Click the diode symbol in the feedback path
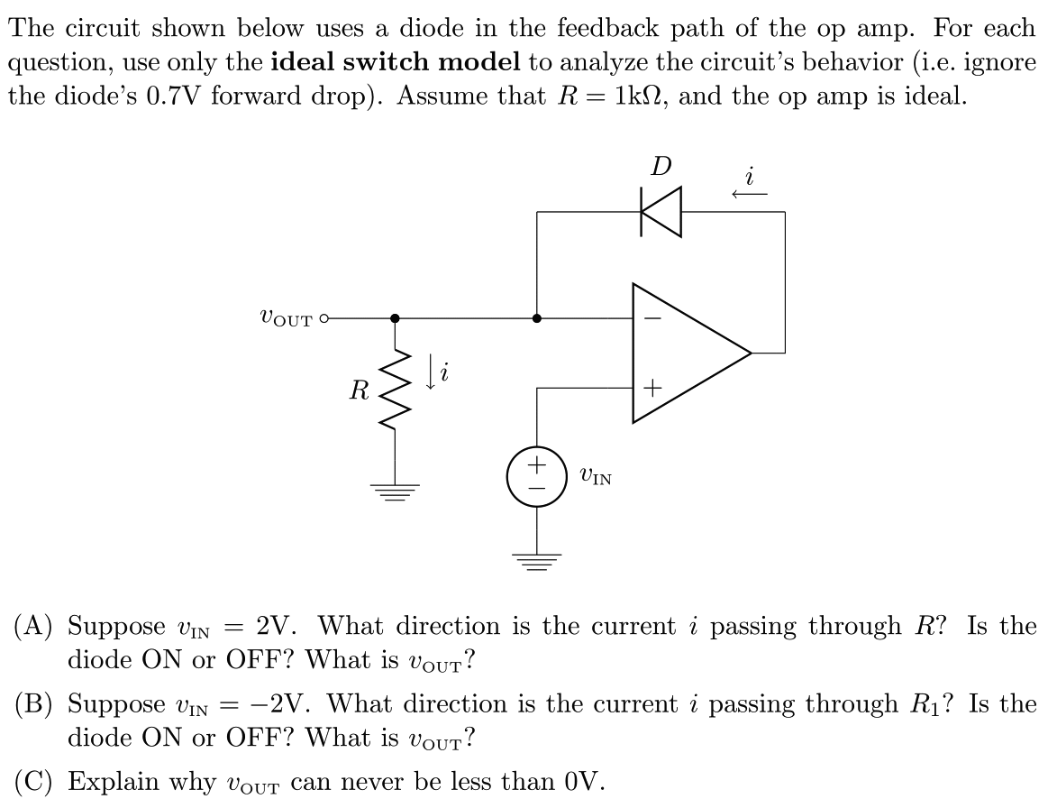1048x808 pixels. click(x=661, y=213)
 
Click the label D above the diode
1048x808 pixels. click(x=661, y=167)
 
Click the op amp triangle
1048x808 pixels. click(x=685, y=353)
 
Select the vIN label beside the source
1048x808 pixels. click(x=596, y=475)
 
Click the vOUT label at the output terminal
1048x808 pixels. click(x=286, y=317)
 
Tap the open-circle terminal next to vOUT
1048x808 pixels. click(x=324, y=318)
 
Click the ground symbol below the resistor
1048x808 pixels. click(x=395, y=491)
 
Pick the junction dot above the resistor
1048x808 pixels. click(x=395, y=318)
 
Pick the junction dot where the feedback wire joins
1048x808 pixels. click(x=537, y=318)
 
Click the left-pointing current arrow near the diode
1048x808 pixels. click(x=749, y=193)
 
